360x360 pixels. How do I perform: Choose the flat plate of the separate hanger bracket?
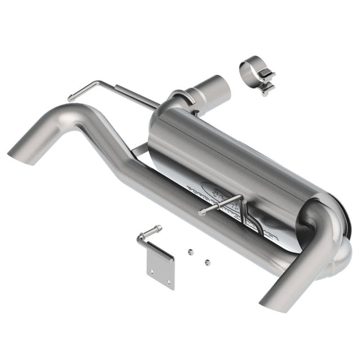click(161, 271)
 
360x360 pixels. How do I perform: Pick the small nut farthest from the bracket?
click(208, 262)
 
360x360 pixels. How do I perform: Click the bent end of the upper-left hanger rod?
click(72, 97)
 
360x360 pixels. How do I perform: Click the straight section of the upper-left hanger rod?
click(135, 96)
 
